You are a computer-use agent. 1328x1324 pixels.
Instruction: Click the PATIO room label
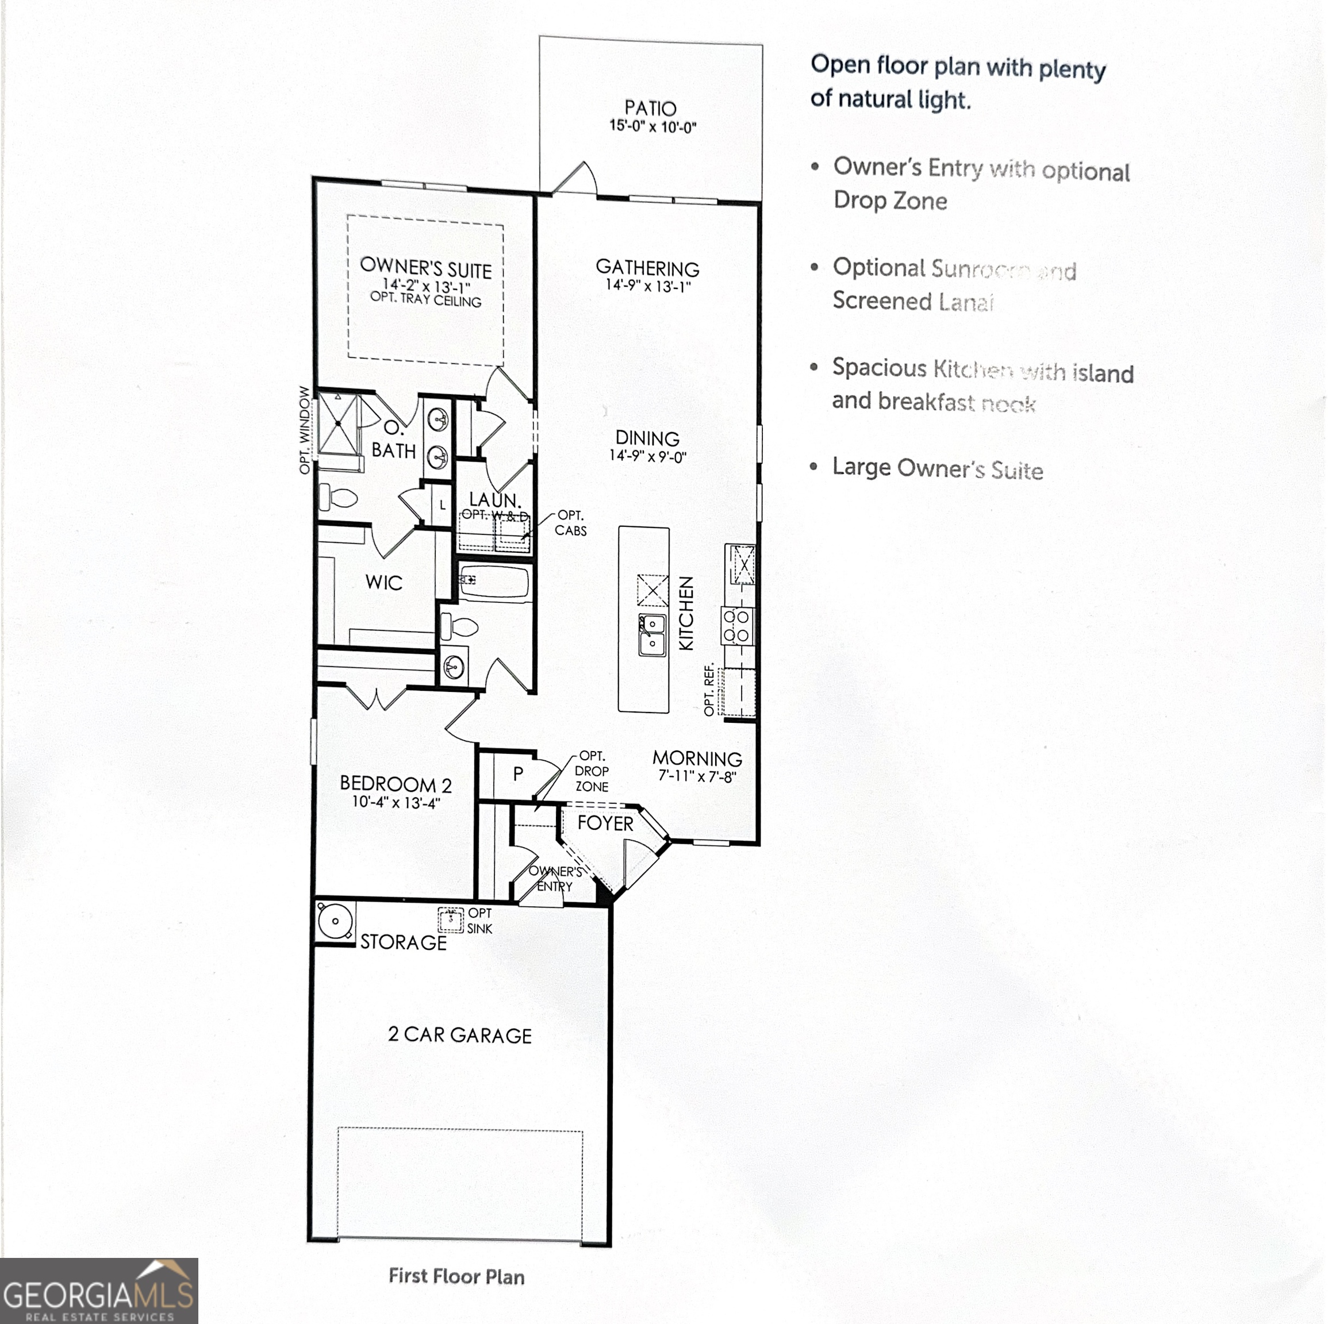650,108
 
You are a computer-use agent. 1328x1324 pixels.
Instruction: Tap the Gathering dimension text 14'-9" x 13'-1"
647,286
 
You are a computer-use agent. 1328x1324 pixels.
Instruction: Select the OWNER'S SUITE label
425,267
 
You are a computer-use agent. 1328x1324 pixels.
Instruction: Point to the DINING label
647,438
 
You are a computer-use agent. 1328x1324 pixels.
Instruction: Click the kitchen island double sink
651,635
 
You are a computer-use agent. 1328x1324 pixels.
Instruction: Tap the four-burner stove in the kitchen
737,626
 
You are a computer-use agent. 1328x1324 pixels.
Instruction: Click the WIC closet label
383,583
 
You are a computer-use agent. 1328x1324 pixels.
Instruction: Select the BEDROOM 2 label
396,784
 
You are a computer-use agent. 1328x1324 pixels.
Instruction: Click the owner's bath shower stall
337,424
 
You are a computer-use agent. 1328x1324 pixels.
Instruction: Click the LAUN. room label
494,499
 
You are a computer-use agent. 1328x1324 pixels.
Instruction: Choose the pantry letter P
519,773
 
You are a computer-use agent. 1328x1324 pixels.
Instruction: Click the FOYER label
605,823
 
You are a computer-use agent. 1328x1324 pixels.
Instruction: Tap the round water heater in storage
335,921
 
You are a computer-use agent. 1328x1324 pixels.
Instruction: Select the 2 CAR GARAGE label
459,1035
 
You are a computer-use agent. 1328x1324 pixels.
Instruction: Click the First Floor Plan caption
456,1276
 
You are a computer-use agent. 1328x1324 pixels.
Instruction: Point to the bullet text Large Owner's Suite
937,468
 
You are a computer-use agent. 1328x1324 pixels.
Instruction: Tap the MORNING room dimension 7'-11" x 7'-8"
697,776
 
